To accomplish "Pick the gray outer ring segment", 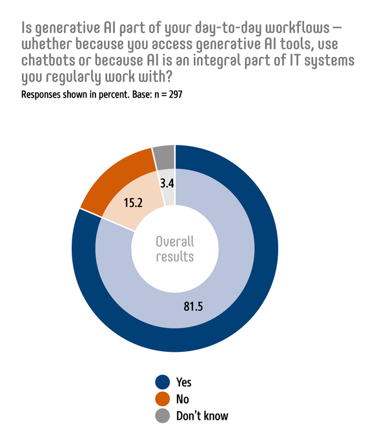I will click(163, 155).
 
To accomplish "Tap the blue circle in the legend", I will click(163, 382).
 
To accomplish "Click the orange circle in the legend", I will click(163, 398).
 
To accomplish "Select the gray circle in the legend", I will click(163, 415).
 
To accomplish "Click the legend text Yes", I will click(184, 382).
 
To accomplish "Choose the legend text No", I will click(183, 399).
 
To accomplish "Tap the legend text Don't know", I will click(202, 416).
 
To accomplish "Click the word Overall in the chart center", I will click(175, 242).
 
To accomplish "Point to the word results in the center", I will click(175, 257).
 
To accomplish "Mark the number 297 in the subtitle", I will click(178, 94).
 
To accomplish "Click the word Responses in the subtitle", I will click(43, 94).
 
